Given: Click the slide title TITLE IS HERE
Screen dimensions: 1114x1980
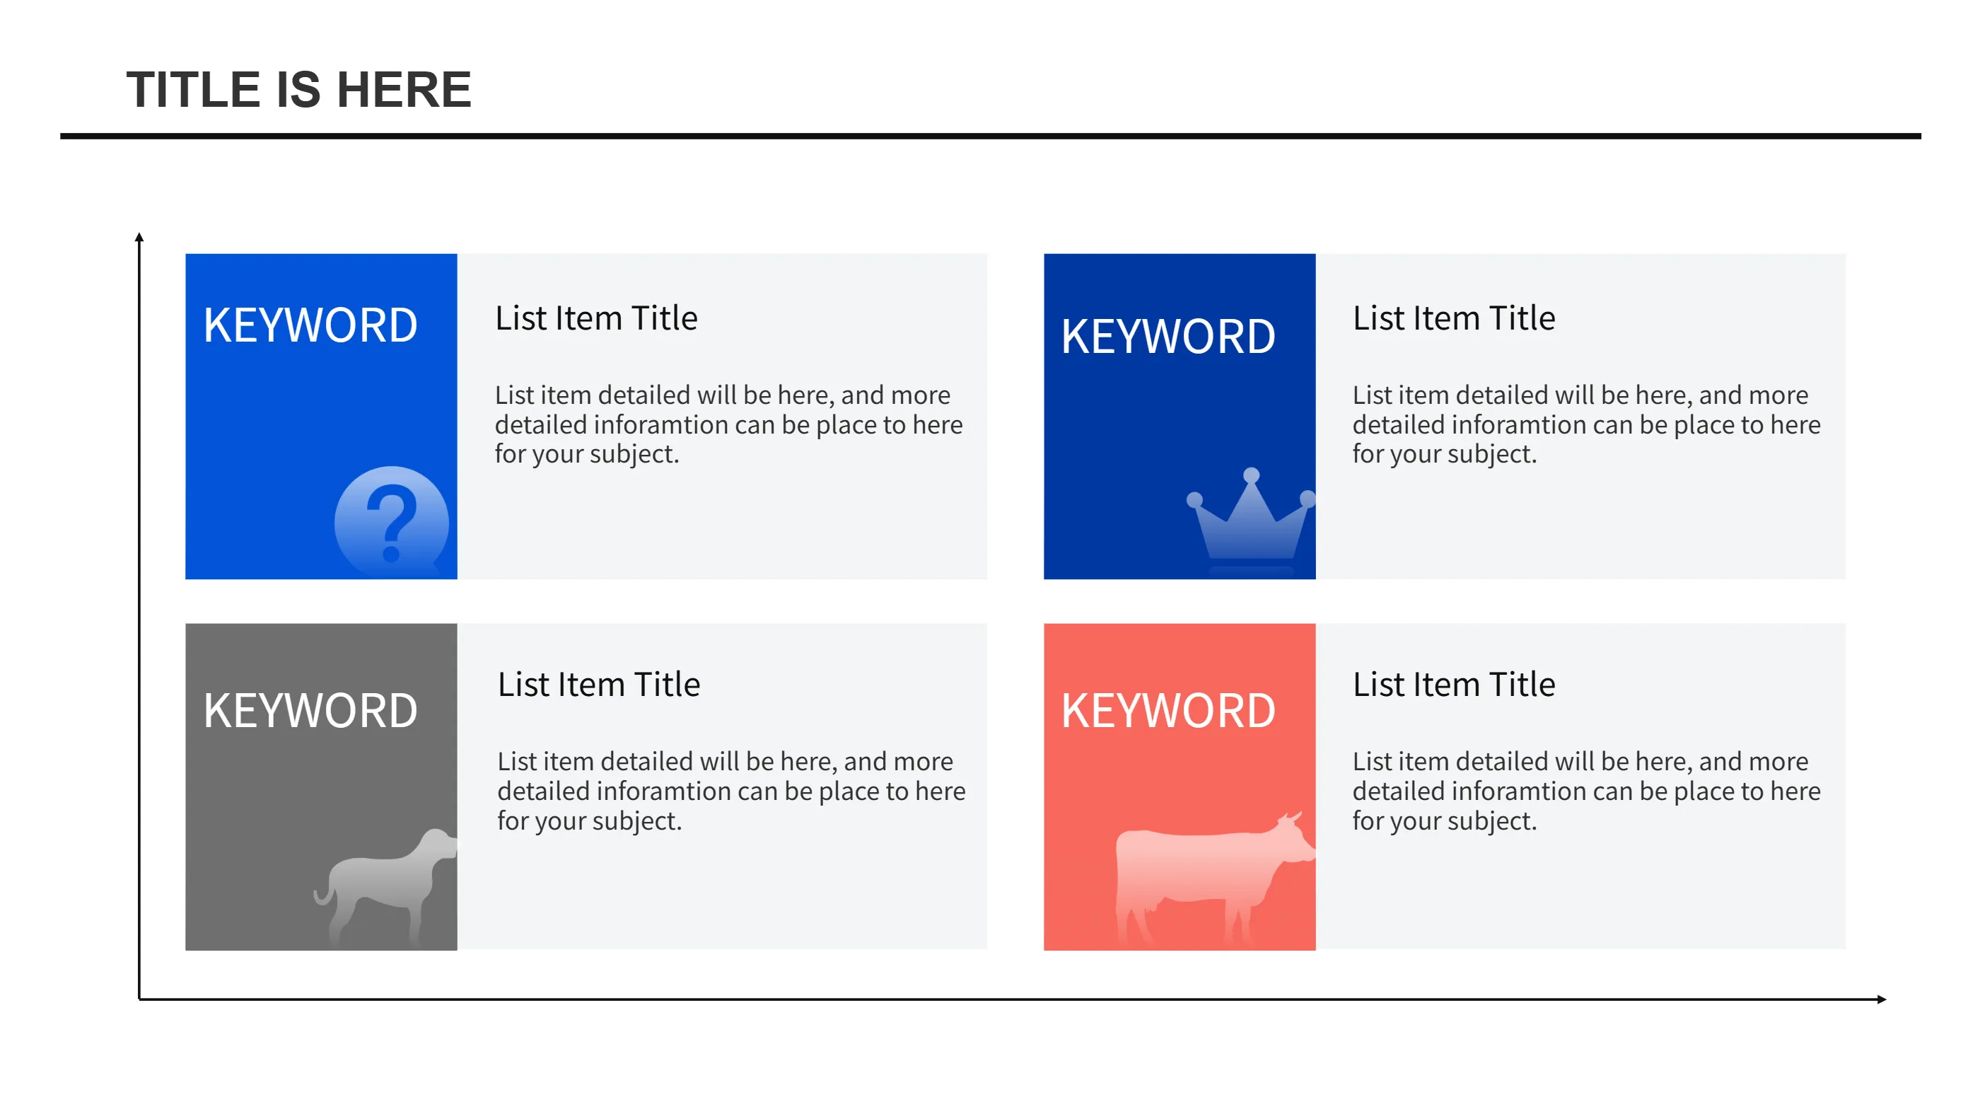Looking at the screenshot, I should [x=298, y=89].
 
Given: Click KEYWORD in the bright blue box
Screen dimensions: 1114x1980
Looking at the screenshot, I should [x=310, y=325].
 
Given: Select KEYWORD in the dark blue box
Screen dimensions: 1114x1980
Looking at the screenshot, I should [x=1168, y=337].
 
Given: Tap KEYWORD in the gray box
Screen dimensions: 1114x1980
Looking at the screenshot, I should [x=310, y=710].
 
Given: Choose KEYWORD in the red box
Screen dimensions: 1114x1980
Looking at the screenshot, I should [x=1168, y=710].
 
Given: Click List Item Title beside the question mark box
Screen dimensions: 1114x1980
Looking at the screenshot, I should [x=595, y=318].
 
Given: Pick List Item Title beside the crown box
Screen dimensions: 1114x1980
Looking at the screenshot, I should [x=1453, y=318].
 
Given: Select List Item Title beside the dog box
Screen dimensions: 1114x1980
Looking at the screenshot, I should [x=599, y=684].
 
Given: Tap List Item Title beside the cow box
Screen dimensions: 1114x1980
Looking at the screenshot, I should [x=1453, y=684].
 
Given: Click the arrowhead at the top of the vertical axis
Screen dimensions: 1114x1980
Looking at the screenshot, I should [x=139, y=238].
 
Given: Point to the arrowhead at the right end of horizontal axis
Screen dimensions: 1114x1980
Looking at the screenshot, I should [x=1881, y=999].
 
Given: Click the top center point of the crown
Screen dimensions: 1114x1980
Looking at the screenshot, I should [x=1252, y=475].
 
